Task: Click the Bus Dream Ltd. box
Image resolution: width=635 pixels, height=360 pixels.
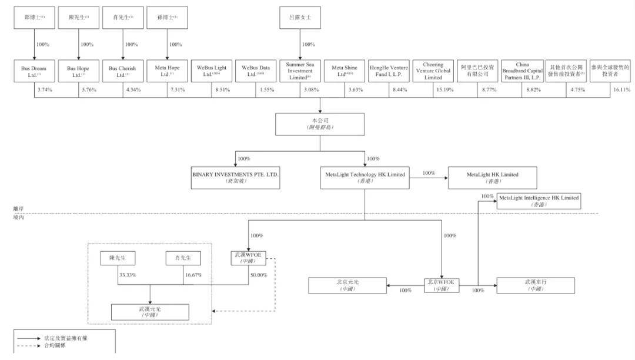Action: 34,72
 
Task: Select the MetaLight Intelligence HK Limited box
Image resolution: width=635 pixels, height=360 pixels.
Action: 539,201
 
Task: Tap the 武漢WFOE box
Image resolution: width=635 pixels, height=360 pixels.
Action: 249,258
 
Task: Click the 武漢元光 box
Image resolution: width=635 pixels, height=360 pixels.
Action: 151,312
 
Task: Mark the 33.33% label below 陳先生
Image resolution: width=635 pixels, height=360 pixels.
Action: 126,275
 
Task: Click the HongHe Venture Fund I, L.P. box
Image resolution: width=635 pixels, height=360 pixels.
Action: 389,72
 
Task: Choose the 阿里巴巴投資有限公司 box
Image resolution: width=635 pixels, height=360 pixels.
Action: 477,72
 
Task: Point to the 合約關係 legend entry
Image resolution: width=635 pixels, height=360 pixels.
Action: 56,345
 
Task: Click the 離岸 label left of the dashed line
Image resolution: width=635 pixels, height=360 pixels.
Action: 19,209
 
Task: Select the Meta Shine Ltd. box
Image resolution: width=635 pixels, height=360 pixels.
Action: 345,72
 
